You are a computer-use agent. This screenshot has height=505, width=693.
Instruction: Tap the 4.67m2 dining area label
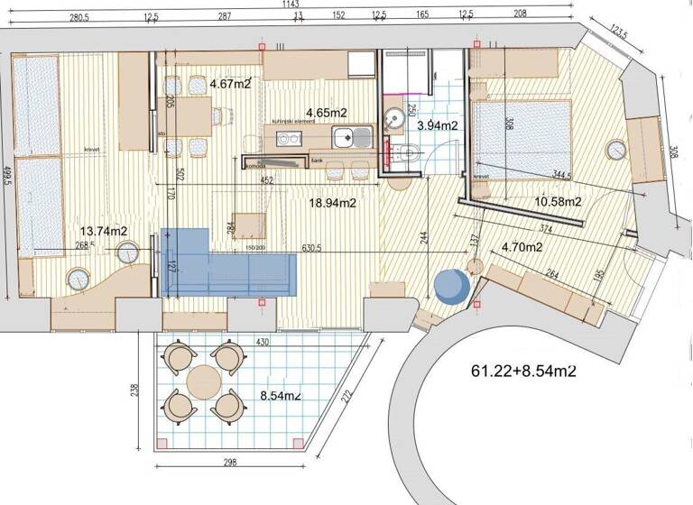pyautogui.click(x=229, y=85)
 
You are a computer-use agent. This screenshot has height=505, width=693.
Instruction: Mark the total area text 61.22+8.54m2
pyautogui.click(x=524, y=370)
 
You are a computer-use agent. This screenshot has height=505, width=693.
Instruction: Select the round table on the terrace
pyautogui.click(x=205, y=379)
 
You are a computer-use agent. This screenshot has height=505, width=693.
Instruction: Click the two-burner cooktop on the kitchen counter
pyautogui.click(x=288, y=140)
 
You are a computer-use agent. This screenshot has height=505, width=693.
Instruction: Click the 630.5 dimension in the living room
pyautogui.click(x=322, y=248)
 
